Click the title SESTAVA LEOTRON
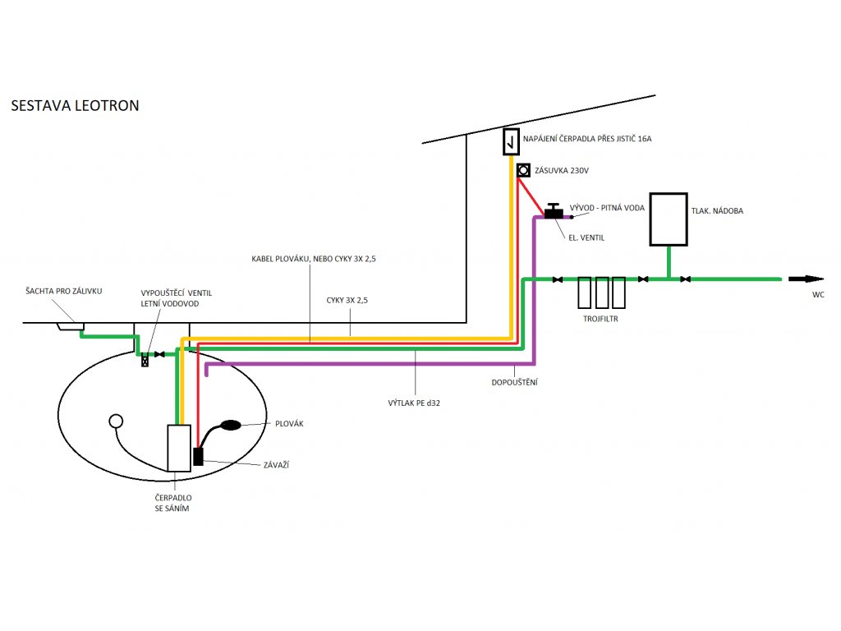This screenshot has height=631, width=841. pos(75,105)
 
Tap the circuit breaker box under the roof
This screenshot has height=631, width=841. pos(511,141)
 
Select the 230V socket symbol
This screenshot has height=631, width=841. pos(523,170)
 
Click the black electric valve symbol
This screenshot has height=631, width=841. pos(554,210)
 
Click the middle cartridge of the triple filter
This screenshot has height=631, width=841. pos(602,292)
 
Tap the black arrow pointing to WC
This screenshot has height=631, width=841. pos(806,279)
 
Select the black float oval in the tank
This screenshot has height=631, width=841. pos(231,425)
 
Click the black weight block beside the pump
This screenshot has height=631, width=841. pos(198,456)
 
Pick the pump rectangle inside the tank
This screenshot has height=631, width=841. pos(178,448)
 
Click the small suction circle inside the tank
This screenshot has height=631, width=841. pos(116,421)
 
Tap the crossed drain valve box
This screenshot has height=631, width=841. pos(145,362)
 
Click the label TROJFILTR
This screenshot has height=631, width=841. pos(600,319)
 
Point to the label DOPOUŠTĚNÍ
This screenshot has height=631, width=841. pos(514,383)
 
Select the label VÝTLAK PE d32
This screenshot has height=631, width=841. pos(414,403)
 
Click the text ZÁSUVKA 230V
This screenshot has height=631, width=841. pos(562,171)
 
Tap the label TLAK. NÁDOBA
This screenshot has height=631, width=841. pos(717,211)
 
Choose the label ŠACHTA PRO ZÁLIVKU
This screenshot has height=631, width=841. pos(64,291)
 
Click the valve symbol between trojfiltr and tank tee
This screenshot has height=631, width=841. pos(643,279)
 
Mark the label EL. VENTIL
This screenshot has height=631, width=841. pos(586,237)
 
